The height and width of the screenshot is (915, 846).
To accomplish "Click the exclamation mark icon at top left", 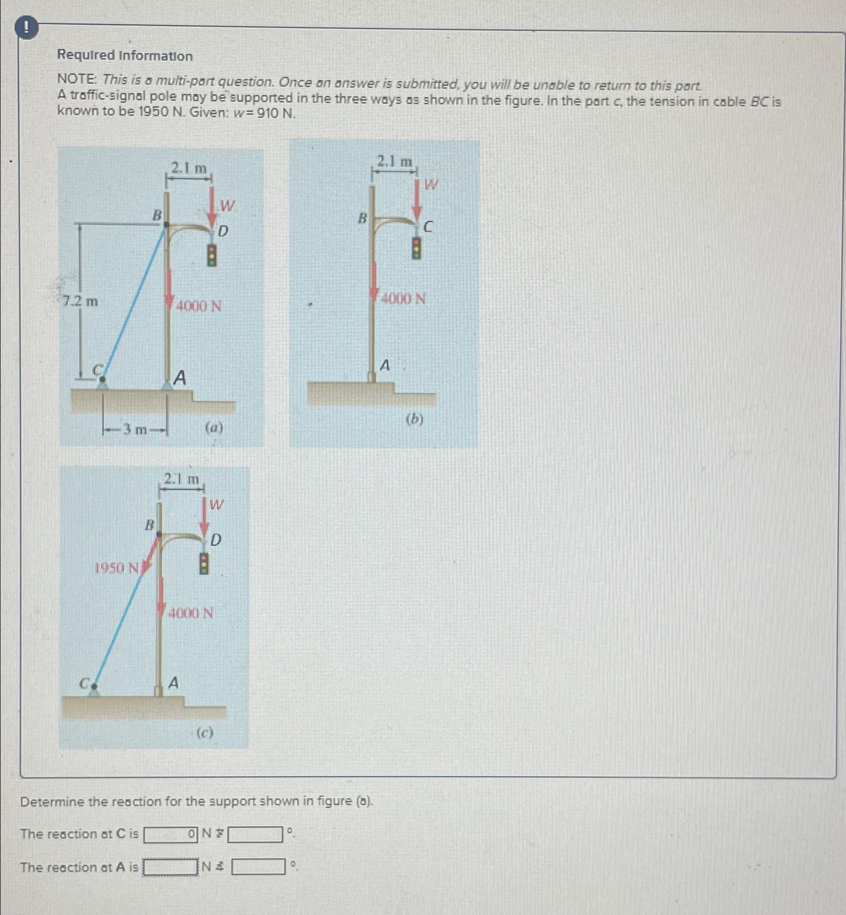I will tap(27, 29).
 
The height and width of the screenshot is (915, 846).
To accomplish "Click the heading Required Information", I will tap(125, 56).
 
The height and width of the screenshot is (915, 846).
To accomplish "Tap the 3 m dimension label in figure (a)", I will tap(135, 430).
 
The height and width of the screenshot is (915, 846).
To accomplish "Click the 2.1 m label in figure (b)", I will tap(395, 162).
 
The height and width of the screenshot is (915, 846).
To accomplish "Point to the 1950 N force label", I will tap(117, 568).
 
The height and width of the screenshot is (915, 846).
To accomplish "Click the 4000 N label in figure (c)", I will tap(191, 613).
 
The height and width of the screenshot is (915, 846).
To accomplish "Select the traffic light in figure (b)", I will tap(416, 247).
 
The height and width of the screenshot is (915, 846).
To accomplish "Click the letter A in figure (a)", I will tap(179, 377).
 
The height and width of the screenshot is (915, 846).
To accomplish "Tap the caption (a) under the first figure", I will tap(214, 428).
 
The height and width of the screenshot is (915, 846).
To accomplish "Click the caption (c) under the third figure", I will tap(205, 733).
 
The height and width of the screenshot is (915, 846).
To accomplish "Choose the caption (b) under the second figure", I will tap(415, 419).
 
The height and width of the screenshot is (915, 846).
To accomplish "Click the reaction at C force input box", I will tap(170, 835).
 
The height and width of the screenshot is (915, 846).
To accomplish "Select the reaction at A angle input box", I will tap(258, 867).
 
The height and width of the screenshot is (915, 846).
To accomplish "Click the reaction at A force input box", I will tap(170, 867).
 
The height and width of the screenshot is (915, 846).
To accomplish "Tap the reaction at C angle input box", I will tap(255, 835).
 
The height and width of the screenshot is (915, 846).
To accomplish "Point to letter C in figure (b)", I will tap(427, 228).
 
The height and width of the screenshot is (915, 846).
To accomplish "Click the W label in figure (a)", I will tap(227, 206).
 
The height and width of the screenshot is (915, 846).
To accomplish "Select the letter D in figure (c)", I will tap(216, 541).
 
